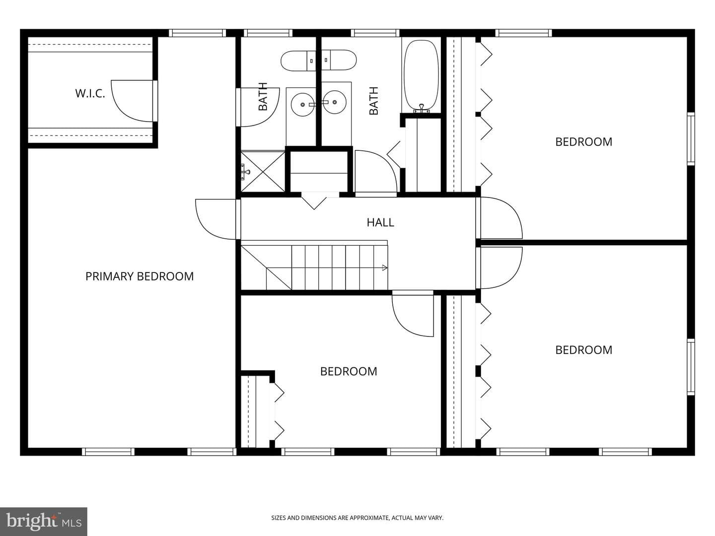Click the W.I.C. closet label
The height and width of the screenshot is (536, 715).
90,93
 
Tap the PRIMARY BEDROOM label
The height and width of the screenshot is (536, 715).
140,276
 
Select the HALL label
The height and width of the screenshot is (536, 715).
380,222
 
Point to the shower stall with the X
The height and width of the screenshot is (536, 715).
263,172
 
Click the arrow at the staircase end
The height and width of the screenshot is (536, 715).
385,268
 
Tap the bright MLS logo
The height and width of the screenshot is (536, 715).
44,522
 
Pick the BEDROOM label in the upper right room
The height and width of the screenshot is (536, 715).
584,142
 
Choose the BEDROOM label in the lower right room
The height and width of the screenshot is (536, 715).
584,350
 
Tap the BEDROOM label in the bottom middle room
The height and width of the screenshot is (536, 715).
349,371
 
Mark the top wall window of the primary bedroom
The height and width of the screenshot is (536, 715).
198,33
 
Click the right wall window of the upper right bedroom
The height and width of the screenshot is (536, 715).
691,138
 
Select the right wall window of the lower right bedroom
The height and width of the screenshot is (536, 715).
691,367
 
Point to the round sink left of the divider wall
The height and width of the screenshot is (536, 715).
302,104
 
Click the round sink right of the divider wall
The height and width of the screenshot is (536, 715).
334,102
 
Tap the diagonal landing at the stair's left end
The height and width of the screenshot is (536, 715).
266,268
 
